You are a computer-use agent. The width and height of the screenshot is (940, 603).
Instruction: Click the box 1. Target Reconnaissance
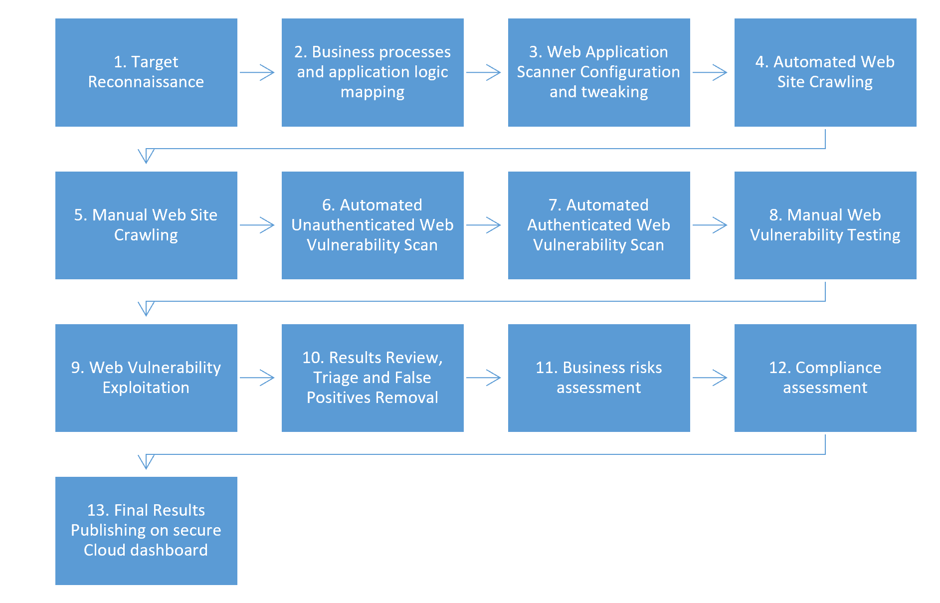(146, 73)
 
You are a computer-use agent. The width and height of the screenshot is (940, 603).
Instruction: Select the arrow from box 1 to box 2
(257, 72)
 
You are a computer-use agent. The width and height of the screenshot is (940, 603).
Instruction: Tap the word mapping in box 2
(372, 92)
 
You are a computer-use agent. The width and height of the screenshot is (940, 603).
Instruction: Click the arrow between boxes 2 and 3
(483, 72)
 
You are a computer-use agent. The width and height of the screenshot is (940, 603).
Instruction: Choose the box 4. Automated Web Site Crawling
(825, 73)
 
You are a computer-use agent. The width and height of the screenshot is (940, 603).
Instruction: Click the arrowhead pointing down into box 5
(146, 156)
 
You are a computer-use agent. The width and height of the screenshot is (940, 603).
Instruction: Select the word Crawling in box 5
(146, 235)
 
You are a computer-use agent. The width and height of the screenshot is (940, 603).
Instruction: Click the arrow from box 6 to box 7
(483, 225)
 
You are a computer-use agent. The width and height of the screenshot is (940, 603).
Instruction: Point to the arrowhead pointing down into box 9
(146, 309)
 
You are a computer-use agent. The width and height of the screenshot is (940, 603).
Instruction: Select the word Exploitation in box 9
(146, 388)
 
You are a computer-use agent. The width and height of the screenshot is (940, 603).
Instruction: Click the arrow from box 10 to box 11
(483, 378)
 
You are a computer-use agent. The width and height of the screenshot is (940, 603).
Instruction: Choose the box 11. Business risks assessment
(598, 378)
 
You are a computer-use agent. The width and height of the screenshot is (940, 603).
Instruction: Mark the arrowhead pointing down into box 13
(146, 462)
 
